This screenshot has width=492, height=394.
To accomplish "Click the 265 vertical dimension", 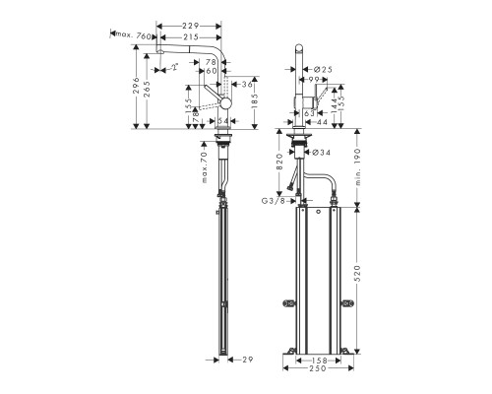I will point(148,94).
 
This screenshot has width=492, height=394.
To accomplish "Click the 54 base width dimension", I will point(223,120).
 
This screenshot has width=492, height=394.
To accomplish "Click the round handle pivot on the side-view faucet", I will point(227,103).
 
